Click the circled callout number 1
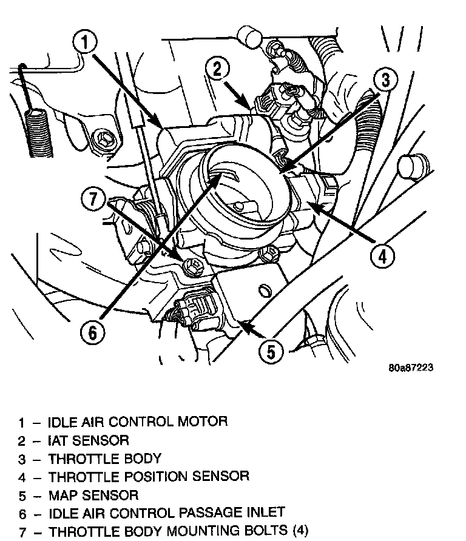[x=86, y=43]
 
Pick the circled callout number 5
[x=271, y=350]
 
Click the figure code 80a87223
[x=413, y=368]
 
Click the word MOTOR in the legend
[x=203, y=421]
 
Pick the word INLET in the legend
[x=263, y=513]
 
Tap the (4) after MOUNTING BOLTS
[x=300, y=532]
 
